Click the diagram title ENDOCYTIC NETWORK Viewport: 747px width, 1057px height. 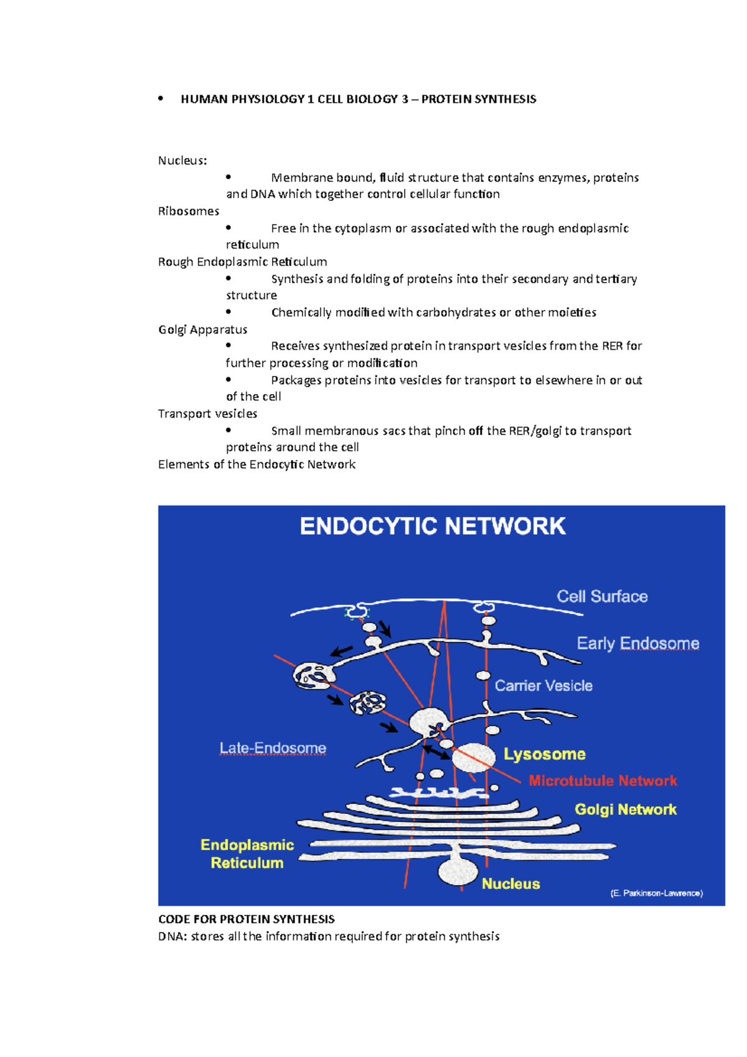tap(433, 527)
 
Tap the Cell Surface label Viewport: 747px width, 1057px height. tap(602, 596)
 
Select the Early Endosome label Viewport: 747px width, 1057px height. tap(637, 643)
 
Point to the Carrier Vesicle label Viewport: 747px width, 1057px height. tap(543, 685)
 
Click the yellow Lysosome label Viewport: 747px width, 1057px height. tap(545, 754)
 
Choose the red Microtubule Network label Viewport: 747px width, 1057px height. tap(603, 781)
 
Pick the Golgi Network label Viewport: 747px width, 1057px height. tap(625, 809)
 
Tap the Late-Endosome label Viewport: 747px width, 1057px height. tap(273, 748)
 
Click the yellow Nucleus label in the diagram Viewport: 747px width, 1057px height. tap(510, 883)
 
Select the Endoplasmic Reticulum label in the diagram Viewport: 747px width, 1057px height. tap(247, 853)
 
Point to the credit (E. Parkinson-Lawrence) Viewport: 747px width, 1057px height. tap(656, 893)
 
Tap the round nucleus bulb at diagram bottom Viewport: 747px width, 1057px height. tap(458, 871)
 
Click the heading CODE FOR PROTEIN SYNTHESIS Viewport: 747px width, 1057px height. tap(247, 919)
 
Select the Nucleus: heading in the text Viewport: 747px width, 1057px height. tap(182, 161)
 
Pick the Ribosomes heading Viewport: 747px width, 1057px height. tap(189, 211)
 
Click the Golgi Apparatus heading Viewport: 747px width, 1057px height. tap(203, 329)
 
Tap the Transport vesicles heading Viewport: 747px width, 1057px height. tap(207, 413)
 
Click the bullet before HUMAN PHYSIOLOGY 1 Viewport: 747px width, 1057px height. tap(161, 98)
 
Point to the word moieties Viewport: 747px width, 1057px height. tap(572, 312)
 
